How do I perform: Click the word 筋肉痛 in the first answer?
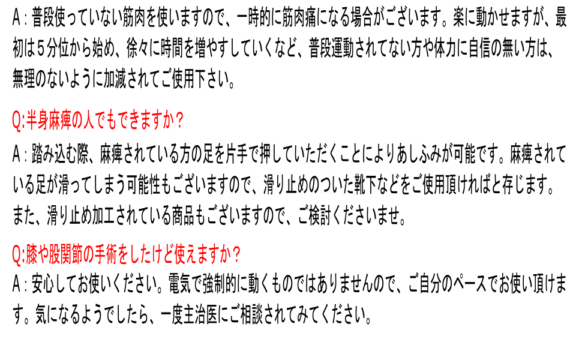pyautogui.click(x=299, y=19)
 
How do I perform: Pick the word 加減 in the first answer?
pyautogui.click(x=115, y=79)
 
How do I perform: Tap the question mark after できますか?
pyautogui.click(x=179, y=121)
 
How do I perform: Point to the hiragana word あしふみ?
pyautogui.click(x=419, y=154)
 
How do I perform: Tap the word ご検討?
pyautogui.click(x=314, y=215)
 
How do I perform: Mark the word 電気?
pyautogui.click(x=179, y=284)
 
